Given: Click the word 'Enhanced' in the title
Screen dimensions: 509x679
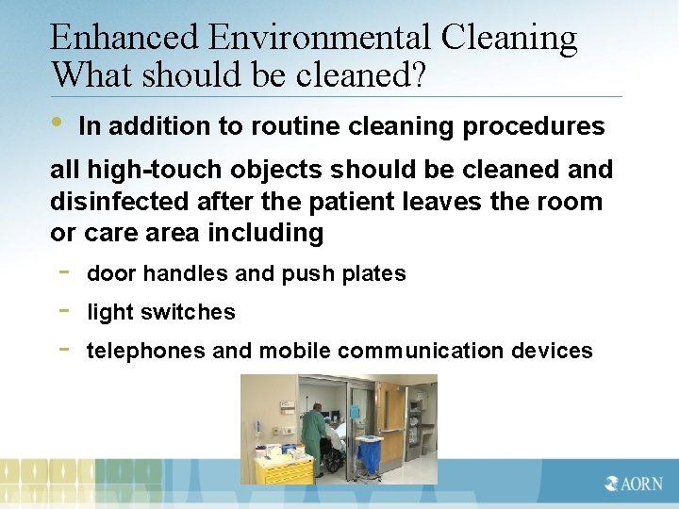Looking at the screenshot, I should [x=125, y=38].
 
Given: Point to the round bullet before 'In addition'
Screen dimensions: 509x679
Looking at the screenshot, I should [x=57, y=123].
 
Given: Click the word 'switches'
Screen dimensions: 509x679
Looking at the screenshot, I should [x=192, y=312].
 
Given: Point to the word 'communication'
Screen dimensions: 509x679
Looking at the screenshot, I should [x=421, y=352].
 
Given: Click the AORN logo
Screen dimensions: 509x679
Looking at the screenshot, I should [x=633, y=484].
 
